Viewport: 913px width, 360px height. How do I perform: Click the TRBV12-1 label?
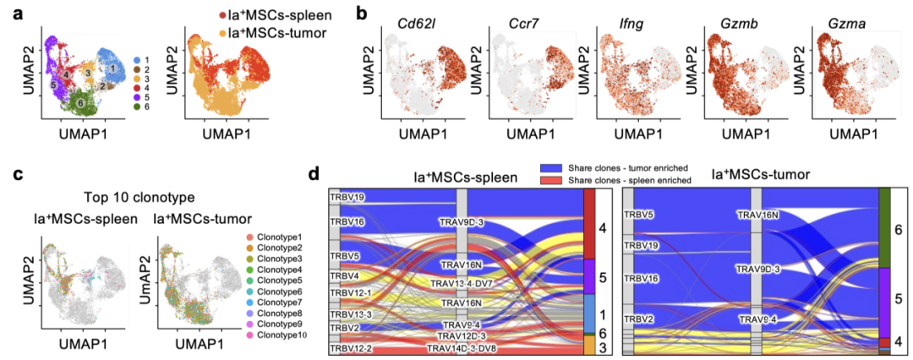coord(350,292)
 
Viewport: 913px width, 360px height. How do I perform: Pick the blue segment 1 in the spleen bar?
coord(589,313)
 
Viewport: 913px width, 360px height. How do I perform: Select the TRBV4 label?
coord(343,275)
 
